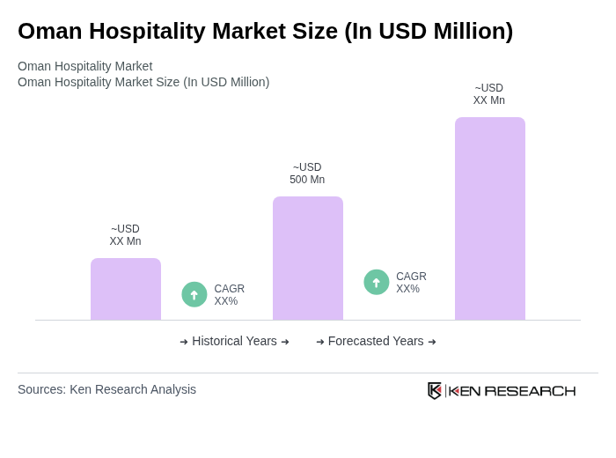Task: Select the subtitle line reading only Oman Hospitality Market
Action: coord(84,66)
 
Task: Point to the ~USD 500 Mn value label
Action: coord(307,174)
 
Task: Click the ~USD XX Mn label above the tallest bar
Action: coord(489,94)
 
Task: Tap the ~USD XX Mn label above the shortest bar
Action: coord(125,235)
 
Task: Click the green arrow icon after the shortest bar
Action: coord(194,294)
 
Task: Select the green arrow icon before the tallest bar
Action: coord(377,282)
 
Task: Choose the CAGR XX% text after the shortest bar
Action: coord(229,295)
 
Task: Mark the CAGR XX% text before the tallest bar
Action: coord(411,283)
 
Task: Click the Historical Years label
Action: coord(234,341)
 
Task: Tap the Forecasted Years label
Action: coord(376,341)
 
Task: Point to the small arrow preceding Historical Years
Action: coord(184,342)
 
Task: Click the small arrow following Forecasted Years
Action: coord(432,342)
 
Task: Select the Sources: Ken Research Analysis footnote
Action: coord(106,389)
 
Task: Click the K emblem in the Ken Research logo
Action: coord(435,390)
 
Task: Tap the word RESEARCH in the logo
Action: coord(530,391)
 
